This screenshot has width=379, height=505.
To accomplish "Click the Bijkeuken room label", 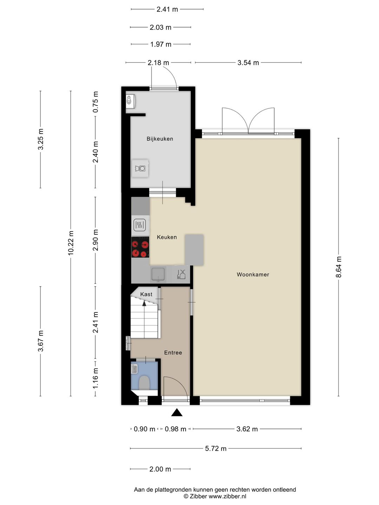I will coord(160,139).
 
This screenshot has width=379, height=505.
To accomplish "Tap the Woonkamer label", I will coord(253,275).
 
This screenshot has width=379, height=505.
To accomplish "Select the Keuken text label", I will coord(167,237).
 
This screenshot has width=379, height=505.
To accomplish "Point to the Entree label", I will coord(173,353).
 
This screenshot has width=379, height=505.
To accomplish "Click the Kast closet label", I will coord(146,294).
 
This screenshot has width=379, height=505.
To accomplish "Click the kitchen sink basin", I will coord(158,274).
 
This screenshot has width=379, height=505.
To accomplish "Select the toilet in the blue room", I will coord(144,383).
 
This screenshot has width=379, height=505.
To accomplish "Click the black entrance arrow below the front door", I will coord(177,413).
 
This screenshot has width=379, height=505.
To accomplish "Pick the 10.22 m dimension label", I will coord(71,243).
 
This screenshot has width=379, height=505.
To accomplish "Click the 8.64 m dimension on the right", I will coord(339,267).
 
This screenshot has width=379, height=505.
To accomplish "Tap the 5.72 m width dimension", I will coord(215,449).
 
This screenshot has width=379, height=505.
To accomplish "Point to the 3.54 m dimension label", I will coord(248,63).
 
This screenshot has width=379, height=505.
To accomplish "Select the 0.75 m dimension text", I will coord(95,102).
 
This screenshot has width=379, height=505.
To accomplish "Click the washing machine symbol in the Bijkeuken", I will coord(140,169).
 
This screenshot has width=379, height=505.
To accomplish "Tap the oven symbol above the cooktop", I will coord(140,224).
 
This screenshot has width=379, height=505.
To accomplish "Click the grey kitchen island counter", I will coord(194,250).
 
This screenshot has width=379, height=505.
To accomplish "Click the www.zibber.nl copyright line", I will coord(215,496).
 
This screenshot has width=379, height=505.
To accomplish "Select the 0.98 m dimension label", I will coord(175,429).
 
